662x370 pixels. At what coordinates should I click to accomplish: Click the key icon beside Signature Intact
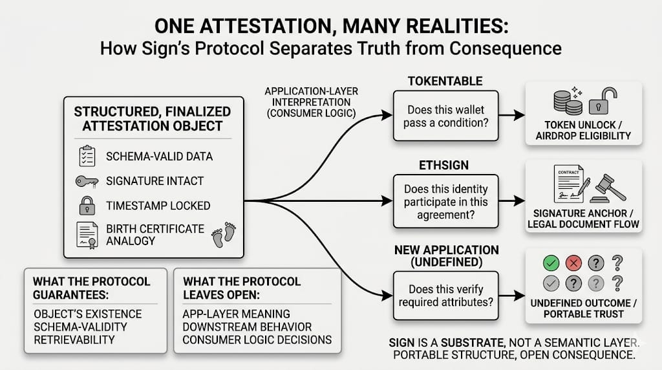pyautogui.click(x=87, y=182)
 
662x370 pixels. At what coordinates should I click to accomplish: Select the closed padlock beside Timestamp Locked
pyautogui.click(x=87, y=206)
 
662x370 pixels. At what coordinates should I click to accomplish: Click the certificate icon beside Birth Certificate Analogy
pyautogui.click(x=87, y=234)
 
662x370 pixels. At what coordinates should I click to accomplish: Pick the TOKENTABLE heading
pyautogui.click(x=446, y=80)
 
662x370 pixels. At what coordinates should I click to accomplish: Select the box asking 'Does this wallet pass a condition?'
pyautogui.click(x=446, y=116)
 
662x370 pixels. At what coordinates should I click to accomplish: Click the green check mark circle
pyautogui.click(x=551, y=263)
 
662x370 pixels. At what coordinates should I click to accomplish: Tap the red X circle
pyautogui.click(x=572, y=263)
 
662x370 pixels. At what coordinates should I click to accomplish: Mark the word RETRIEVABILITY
pyautogui.click(x=74, y=340)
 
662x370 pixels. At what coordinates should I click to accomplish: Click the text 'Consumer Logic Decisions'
pyautogui.click(x=257, y=340)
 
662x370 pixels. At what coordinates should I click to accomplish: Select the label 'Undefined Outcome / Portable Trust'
pyautogui.click(x=584, y=308)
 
